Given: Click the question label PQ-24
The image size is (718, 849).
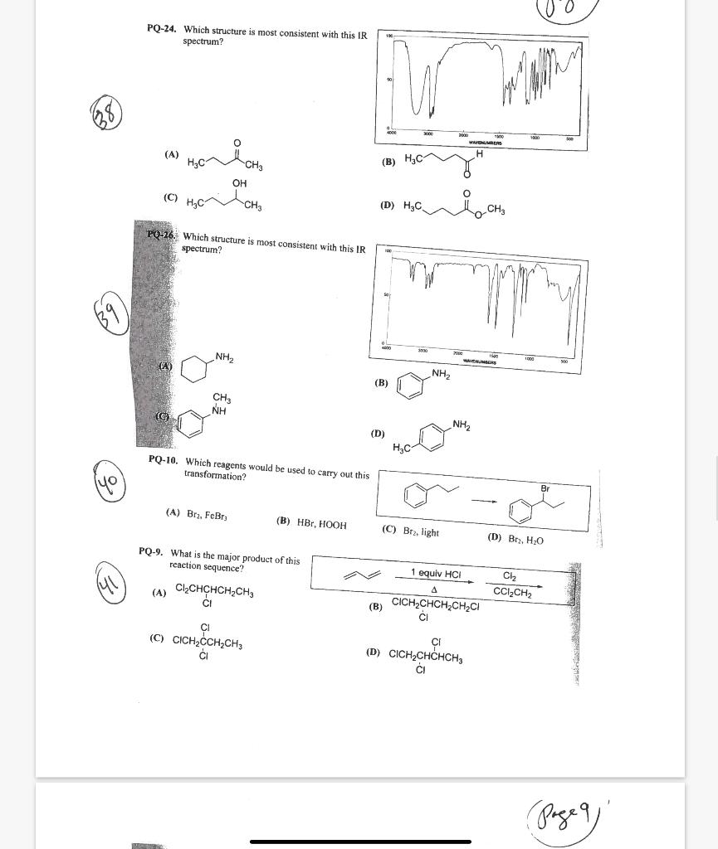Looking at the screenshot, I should (161, 29).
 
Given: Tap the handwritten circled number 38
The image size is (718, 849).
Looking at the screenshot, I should (106, 113).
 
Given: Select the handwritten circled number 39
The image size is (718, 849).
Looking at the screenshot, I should (111, 316).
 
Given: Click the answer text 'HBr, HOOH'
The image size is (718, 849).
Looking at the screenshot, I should (321, 524).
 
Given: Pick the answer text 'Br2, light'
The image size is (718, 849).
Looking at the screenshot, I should (421, 531).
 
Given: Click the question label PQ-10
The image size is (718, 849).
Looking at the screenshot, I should (163, 459).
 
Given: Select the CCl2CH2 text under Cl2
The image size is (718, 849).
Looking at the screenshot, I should (512, 592).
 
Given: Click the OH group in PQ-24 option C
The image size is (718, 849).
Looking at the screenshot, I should (239, 183).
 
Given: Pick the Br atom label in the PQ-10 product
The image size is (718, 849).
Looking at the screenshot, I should (545, 488).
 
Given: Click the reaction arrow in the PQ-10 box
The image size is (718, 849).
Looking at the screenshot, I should (484, 501).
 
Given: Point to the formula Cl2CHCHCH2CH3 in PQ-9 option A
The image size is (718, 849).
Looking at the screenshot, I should (214, 592).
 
